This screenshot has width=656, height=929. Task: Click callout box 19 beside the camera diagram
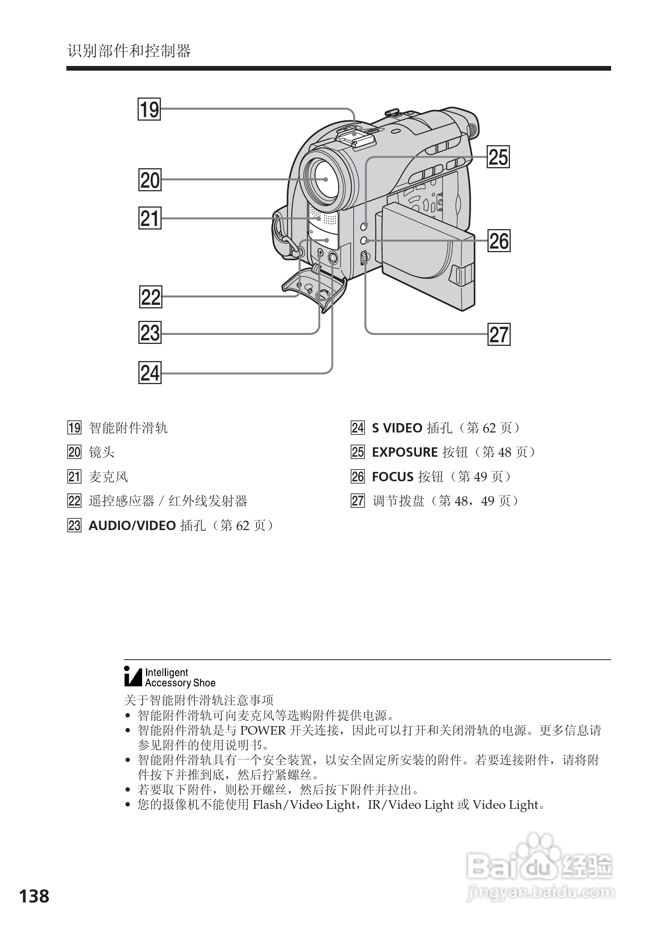click(x=149, y=109)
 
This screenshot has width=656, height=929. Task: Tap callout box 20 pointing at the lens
click(x=150, y=180)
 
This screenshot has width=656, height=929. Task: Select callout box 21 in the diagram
click(x=150, y=218)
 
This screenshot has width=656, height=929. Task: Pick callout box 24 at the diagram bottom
click(x=150, y=373)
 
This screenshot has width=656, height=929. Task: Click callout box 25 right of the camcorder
click(x=498, y=157)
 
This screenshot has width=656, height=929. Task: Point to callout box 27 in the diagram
click(x=499, y=335)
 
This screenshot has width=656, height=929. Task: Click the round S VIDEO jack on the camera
click(x=333, y=257)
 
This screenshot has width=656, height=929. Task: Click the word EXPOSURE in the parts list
click(x=405, y=452)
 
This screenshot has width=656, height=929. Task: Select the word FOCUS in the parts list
click(x=392, y=477)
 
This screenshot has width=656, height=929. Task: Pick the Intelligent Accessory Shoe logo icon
click(x=133, y=676)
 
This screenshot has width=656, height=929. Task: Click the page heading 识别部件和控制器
click(x=129, y=52)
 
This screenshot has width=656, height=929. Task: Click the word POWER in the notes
click(x=263, y=730)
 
